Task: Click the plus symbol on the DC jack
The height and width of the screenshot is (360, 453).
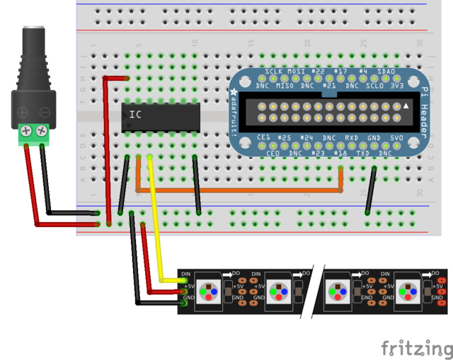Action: [23, 112]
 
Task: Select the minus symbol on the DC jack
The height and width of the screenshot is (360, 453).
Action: [44, 112]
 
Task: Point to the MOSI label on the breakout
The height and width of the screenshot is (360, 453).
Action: [294, 73]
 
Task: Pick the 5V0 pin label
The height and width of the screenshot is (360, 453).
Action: [396, 137]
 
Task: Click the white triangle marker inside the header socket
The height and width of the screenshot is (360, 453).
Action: [406, 105]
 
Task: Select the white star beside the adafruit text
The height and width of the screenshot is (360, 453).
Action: [234, 91]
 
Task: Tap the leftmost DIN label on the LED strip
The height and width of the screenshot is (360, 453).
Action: [186, 273]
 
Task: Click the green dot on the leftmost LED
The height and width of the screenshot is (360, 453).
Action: [202, 291]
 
